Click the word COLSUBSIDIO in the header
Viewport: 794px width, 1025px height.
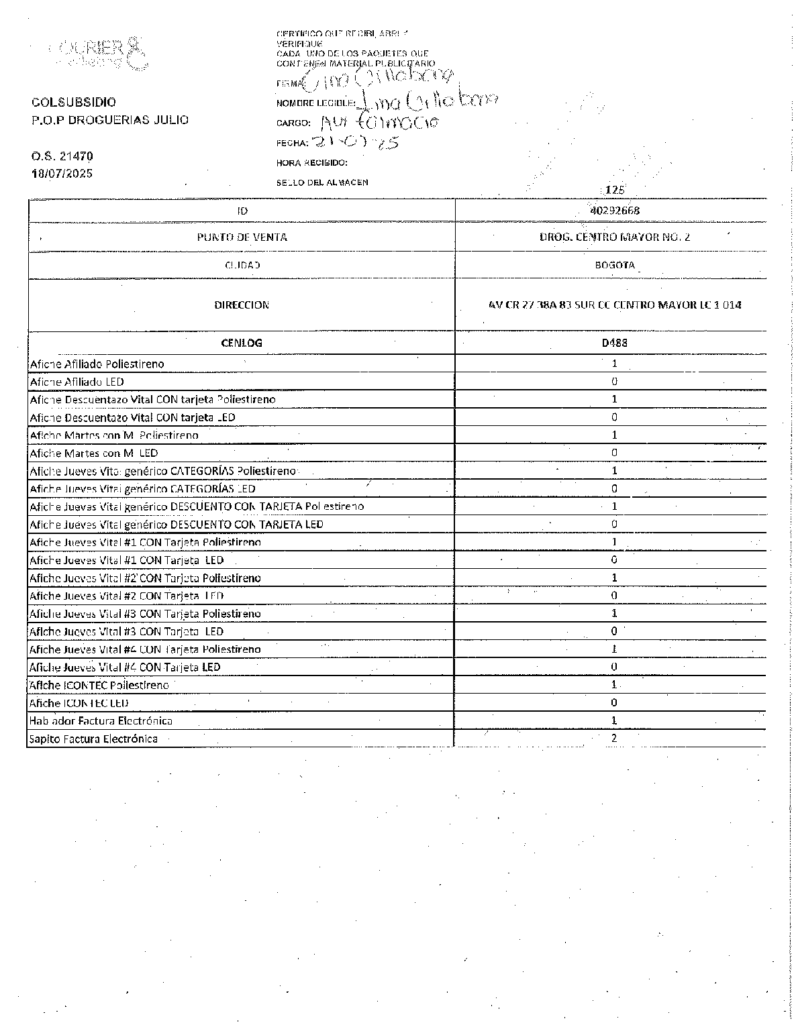74,102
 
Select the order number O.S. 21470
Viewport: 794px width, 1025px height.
62,156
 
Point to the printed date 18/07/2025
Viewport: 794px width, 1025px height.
62,173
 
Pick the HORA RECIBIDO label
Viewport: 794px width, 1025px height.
311,162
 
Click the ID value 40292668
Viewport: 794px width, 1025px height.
614,210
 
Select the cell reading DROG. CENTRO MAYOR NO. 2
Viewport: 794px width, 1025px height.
614,237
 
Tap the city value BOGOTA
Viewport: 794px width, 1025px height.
614,265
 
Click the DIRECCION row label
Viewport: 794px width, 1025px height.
242,305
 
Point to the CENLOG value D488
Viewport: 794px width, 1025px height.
614,343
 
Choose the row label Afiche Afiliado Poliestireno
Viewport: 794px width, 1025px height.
97,364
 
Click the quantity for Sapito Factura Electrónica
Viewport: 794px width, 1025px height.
614,738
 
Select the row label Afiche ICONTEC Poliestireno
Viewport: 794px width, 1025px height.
99,685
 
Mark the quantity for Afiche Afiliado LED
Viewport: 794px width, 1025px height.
614,382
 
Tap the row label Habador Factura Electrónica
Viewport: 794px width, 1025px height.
101,720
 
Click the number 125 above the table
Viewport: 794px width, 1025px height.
615,191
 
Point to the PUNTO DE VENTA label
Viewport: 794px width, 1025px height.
242,237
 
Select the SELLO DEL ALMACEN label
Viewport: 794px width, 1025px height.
322,182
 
